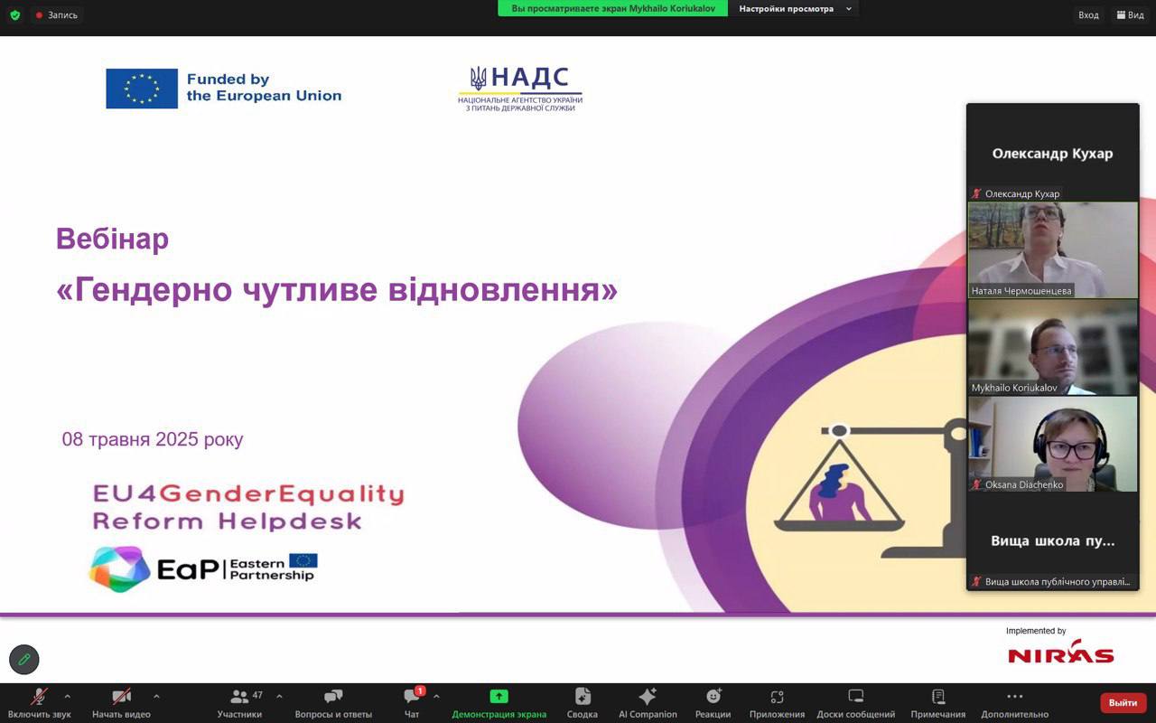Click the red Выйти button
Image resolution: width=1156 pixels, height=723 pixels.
point(1123,702)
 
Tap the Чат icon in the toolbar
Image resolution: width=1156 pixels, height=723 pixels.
point(412,696)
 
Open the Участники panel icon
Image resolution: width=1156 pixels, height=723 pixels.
point(239,697)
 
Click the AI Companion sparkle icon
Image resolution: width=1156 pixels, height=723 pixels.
point(648,696)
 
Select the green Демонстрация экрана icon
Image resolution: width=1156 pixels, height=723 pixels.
point(499,697)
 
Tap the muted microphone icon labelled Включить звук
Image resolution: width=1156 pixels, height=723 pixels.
point(39,697)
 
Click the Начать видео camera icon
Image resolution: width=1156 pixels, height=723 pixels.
point(121,697)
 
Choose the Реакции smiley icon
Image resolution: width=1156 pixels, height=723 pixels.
point(713,696)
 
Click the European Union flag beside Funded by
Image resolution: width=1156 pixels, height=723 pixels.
point(142,89)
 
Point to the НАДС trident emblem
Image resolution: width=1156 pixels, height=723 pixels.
point(478,78)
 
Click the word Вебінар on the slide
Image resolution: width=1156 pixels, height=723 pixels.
point(113,239)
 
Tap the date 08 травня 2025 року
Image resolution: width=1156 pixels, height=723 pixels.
point(153,439)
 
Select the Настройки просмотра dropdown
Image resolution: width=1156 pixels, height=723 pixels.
point(794,9)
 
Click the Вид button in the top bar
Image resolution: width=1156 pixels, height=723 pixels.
point(1131,15)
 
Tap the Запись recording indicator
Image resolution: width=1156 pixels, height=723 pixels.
point(57,15)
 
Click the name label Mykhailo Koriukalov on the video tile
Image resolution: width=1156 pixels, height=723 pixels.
point(1014,388)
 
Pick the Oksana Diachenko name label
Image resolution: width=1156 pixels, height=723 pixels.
point(1024,485)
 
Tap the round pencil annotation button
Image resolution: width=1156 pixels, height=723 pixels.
point(24,660)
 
